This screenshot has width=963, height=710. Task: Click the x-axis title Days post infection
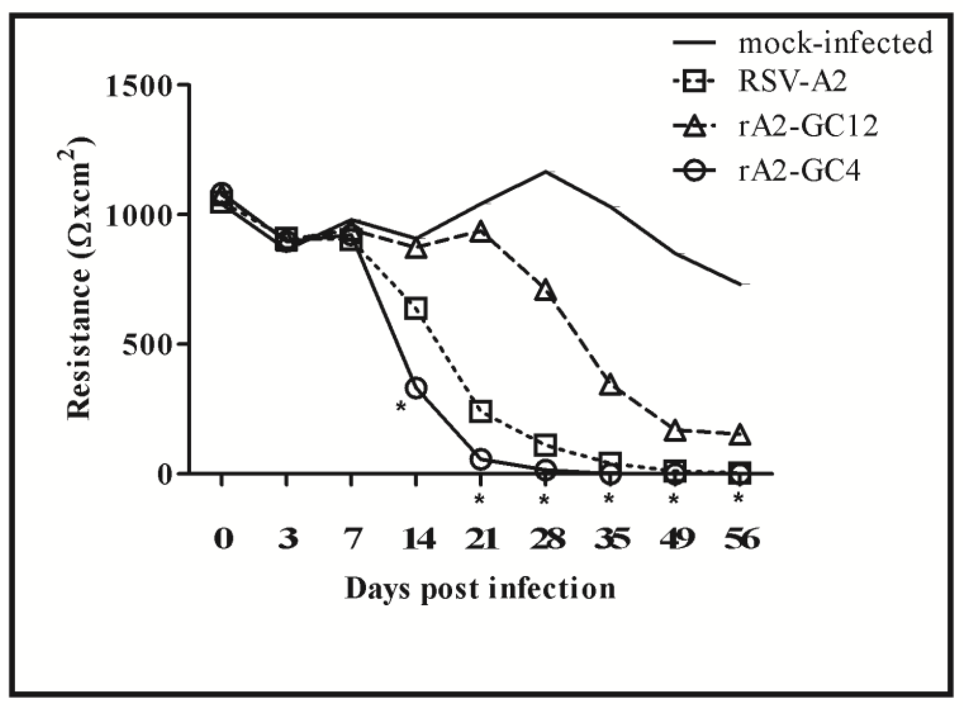click(x=480, y=588)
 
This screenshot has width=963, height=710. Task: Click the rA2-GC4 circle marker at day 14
click(x=416, y=388)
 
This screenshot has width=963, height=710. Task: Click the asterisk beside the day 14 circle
click(x=400, y=406)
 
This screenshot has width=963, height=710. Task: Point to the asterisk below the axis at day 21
click(x=479, y=500)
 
